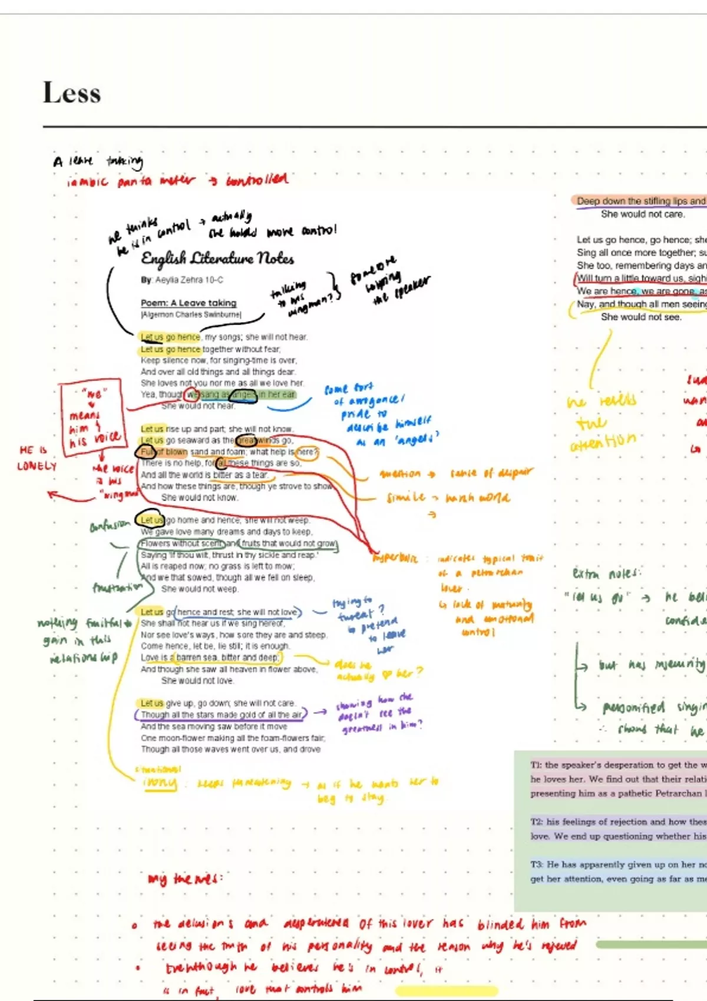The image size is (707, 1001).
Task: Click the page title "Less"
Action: tap(72, 93)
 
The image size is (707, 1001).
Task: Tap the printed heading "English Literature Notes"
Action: tap(217, 258)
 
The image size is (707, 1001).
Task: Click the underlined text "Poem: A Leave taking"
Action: tap(189, 303)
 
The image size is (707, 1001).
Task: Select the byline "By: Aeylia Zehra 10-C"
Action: tap(182, 280)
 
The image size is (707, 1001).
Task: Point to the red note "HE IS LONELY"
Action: tap(37, 458)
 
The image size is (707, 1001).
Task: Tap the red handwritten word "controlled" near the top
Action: tap(257, 179)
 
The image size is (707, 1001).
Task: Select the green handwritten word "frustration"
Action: tap(117, 587)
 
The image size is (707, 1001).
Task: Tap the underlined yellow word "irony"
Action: tap(160, 783)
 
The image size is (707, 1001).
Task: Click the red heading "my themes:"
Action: tap(185, 879)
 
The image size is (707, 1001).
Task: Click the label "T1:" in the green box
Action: tap(536, 765)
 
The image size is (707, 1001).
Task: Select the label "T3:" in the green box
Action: tap(536, 864)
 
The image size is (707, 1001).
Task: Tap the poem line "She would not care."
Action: tap(643, 214)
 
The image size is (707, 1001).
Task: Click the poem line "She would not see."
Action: tap(641, 317)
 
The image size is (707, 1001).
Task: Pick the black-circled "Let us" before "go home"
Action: tap(150, 520)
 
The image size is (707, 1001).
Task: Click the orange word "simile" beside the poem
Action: tap(406, 498)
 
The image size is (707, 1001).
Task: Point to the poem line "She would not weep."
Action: tap(200, 589)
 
